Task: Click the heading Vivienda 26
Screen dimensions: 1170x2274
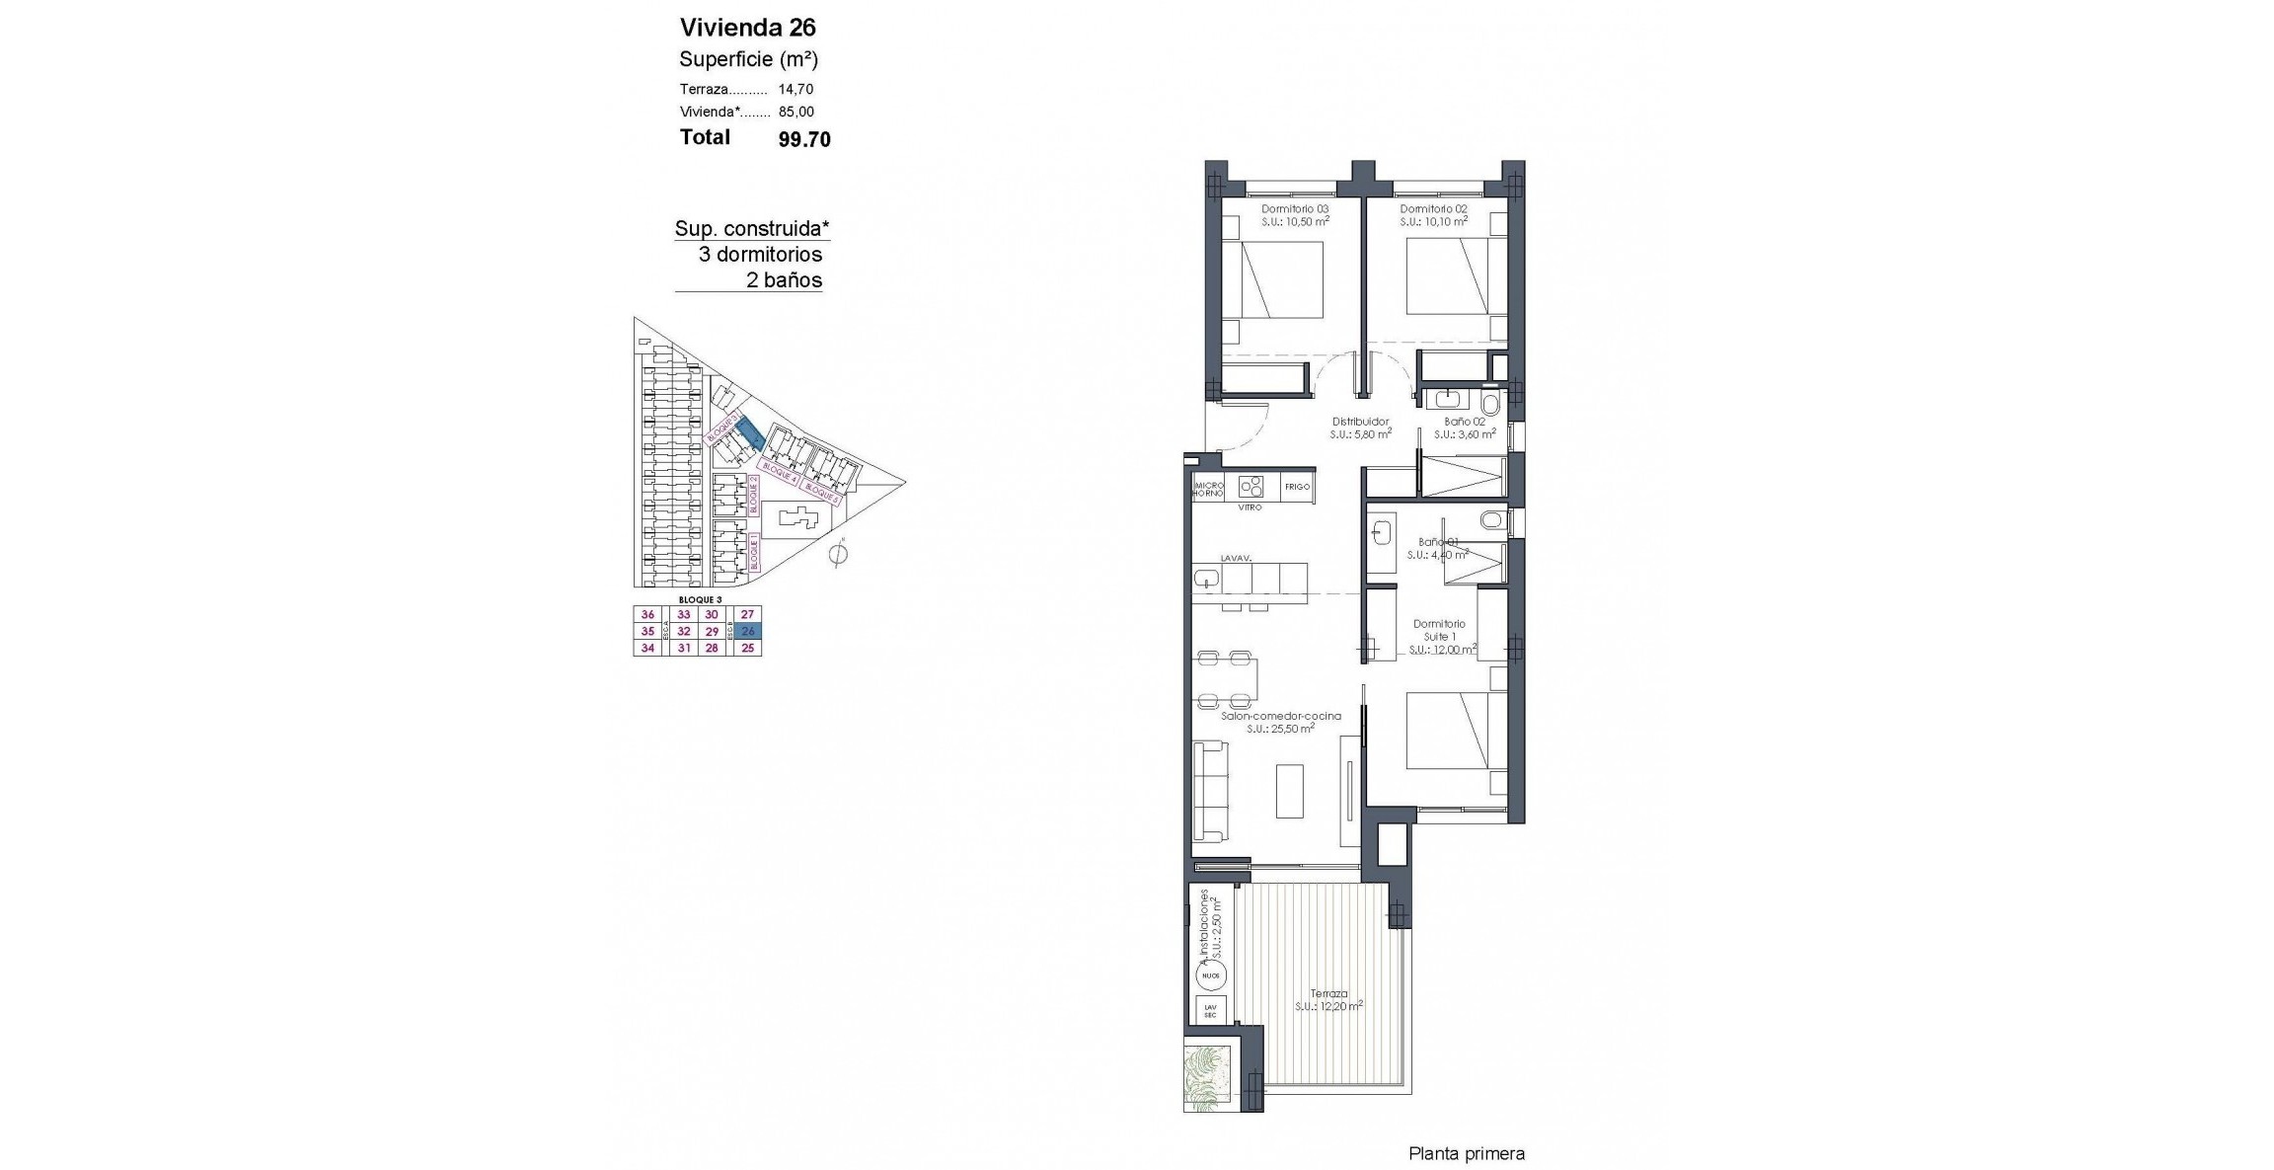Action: click(x=747, y=28)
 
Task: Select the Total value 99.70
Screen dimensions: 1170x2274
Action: click(x=804, y=139)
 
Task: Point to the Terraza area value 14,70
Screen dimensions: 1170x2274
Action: click(x=796, y=89)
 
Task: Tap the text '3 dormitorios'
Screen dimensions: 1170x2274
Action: click(x=760, y=254)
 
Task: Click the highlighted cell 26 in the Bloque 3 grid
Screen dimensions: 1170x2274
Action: click(x=747, y=631)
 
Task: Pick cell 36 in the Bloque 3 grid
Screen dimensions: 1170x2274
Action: click(x=647, y=614)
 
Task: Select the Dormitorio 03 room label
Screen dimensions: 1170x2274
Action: click(x=1295, y=209)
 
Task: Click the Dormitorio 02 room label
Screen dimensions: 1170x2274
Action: click(x=1433, y=209)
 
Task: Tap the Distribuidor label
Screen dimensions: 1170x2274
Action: click(x=1360, y=422)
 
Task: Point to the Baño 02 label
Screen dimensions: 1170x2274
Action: click(x=1465, y=422)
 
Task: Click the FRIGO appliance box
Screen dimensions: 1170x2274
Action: click(x=1297, y=487)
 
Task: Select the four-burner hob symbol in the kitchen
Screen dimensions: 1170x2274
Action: click(x=1251, y=487)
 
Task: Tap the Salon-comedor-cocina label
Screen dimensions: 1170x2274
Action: click(x=1280, y=716)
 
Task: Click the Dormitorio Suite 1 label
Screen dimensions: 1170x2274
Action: click(x=1439, y=630)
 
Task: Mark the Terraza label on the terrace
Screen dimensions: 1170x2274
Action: click(x=1328, y=993)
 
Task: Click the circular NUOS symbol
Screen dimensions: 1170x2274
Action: click(x=1210, y=975)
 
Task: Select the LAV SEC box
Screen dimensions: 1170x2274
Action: click(x=1210, y=1011)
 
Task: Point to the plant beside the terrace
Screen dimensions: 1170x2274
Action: click(x=1206, y=1079)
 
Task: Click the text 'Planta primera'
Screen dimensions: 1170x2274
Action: click(x=1466, y=1153)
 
